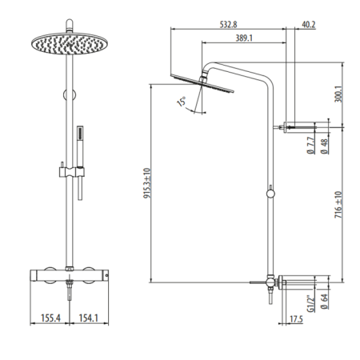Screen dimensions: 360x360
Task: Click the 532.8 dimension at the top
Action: coord(233,24)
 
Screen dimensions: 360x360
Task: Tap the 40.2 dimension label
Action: coord(308,24)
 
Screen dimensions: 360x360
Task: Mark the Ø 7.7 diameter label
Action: coord(309,146)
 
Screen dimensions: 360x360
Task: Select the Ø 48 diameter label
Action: coord(324,146)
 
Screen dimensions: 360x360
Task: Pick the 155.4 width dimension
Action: coord(52,318)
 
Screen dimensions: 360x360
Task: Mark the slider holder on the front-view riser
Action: coord(70,170)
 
